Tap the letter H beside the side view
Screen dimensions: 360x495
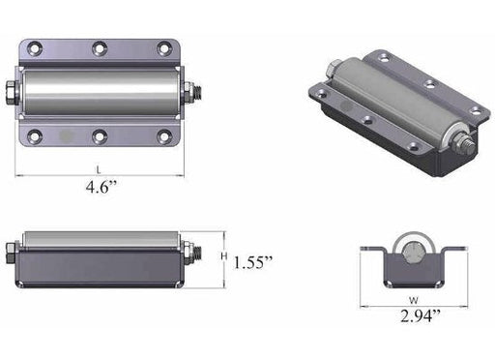pos(222,255)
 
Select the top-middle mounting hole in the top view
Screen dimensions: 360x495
pos(100,48)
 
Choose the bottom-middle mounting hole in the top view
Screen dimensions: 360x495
pos(100,135)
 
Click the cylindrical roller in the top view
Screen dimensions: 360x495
pos(100,92)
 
